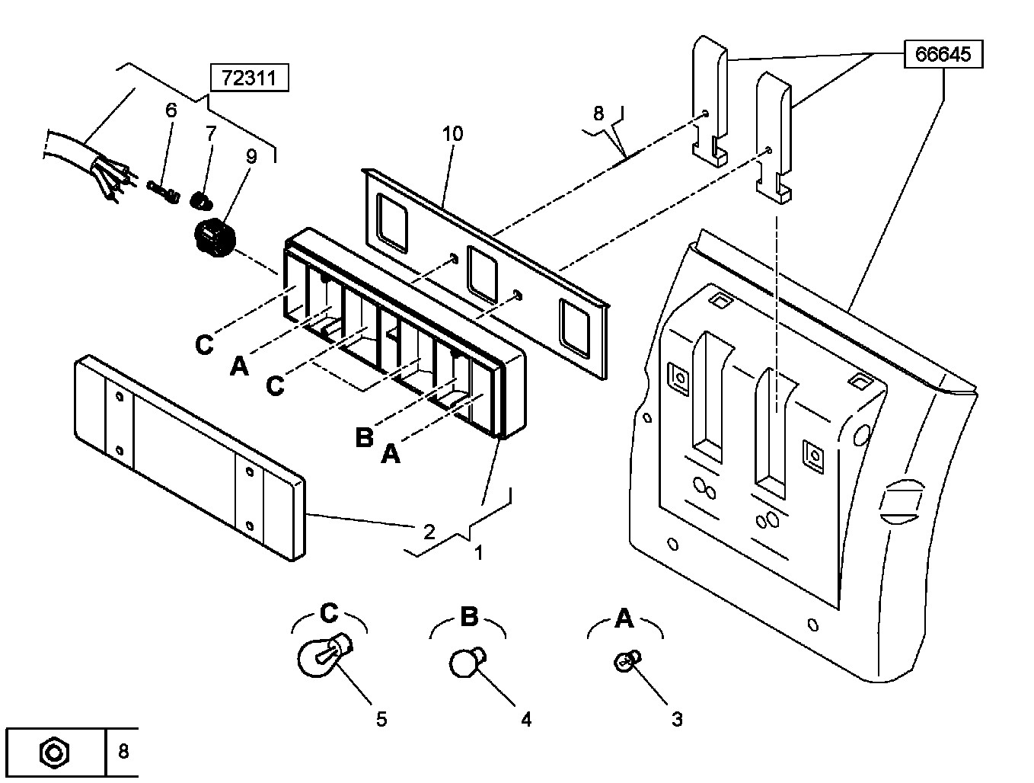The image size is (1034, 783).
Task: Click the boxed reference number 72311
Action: (249, 78)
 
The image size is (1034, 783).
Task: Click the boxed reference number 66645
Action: (943, 55)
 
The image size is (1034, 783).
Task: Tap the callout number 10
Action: (453, 134)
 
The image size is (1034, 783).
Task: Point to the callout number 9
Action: (251, 156)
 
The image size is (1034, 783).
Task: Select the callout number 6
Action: (171, 110)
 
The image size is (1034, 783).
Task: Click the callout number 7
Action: (211, 133)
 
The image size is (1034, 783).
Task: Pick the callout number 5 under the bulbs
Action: (381, 719)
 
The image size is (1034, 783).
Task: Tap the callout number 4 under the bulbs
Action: (526, 719)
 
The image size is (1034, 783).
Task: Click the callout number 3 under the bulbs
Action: (677, 719)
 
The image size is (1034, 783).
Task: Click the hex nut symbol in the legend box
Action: (55, 753)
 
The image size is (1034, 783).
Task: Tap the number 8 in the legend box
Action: (123, 752)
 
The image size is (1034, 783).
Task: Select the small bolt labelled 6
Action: (163, 191)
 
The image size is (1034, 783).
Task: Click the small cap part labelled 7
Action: (201, 201)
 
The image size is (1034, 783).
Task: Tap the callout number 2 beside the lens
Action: (429, 532)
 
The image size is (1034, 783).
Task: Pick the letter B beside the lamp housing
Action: (364, 437)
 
